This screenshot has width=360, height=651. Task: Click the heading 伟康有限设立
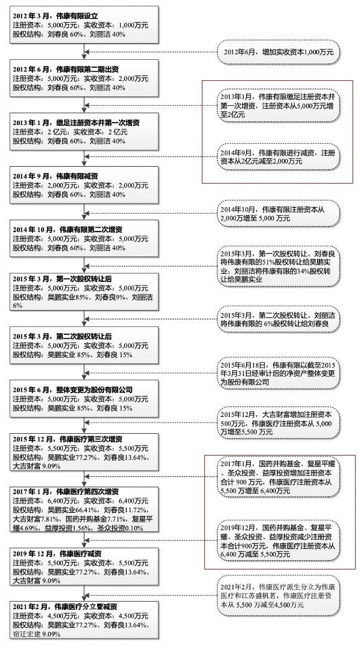pos(55,16)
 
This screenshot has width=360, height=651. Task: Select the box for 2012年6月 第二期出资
pos(84,78)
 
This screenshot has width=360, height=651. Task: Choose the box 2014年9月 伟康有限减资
pos(84,185)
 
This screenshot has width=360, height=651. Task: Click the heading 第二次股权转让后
pos(62,337)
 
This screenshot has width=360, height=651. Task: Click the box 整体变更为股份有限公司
pos(84,398)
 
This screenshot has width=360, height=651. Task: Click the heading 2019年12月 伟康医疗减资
pos(57,554)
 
